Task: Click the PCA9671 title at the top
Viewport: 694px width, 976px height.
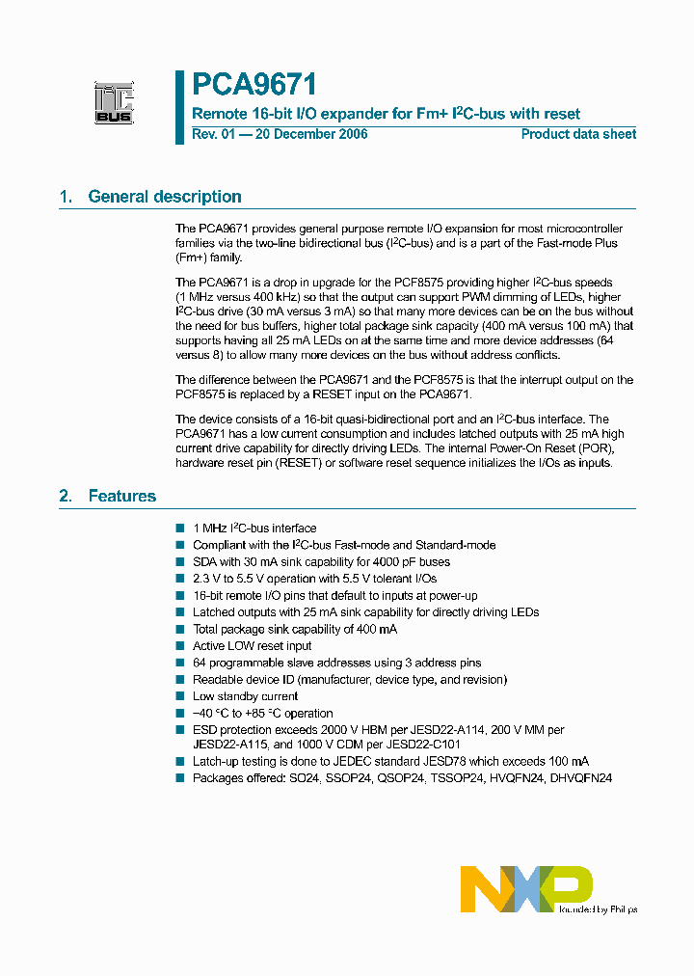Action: pyautogui.click(x=254, y=85)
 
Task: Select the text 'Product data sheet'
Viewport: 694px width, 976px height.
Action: pyautogui.click(x=578, y=134)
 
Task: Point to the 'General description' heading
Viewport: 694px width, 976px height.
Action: pyautogui.click(x=165, y=197)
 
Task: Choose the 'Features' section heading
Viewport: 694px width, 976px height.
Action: pyautogui.click(x=121, y=496)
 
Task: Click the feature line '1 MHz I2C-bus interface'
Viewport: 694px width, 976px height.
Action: pyautogui.click(x=254, y=529)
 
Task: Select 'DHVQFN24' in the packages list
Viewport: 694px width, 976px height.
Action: pyautogui.click(x=581, y=778)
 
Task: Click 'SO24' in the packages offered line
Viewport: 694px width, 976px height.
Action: pyautogui.click(x=305, y=778)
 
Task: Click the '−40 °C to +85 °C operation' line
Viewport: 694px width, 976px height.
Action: pyautogui.click(x=263, y=714)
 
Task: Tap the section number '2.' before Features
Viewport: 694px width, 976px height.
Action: pyautogui.click(x=65, y=496)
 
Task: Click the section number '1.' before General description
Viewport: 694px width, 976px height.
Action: pyautogui.click(x=65, y=197)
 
